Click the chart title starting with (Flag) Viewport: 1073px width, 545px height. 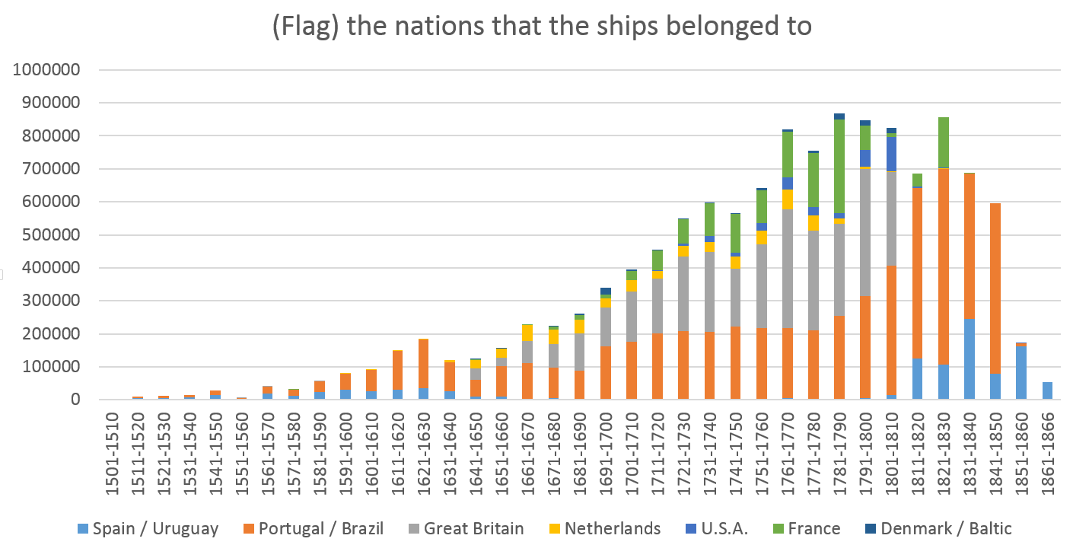point(542,27)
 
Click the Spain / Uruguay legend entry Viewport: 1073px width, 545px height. point(148,528)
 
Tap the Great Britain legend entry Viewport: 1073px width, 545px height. point(465,528)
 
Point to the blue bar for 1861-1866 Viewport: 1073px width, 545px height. point(1048,390)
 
